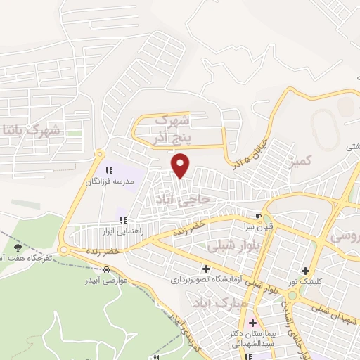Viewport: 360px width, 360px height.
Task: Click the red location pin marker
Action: click(181, 165)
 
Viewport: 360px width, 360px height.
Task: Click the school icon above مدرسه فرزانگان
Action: click(109, 170)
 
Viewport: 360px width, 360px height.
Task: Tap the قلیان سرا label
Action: click(259, 226)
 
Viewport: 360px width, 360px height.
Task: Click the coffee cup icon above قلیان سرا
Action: click(259, 216)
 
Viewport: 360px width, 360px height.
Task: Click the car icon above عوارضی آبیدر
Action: click(105, 270)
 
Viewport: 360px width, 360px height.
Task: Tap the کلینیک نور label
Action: click(304, 282)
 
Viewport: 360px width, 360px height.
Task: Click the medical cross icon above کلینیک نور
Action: click(304, 271)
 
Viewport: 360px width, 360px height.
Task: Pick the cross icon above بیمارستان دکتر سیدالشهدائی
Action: click(252, 323)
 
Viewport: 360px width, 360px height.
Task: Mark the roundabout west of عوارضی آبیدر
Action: click(65, 250)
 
